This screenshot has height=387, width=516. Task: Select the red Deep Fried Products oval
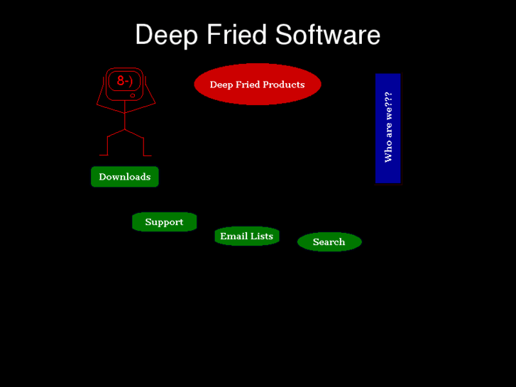tap(257, 85)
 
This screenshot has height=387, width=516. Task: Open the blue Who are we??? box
tap(388, 128)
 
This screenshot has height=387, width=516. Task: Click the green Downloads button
tap(124, 177)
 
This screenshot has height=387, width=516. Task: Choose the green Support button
tap(164, 222)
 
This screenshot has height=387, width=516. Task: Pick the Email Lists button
tap(246, 236)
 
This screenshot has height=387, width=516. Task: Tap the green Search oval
tap(329, 242)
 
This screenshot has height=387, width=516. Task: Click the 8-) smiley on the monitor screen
tap(124, 81)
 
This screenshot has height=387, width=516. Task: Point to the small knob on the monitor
tap(133, 95)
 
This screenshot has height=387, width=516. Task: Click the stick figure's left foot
tap(103, 155)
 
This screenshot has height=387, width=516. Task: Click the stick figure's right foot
tap(148, 155)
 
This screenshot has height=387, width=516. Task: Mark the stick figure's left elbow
tap(98, 107)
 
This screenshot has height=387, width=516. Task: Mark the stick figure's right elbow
tap(154, 104)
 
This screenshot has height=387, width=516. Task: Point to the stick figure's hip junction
tap(125, 130)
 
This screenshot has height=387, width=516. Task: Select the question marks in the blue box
tap(388, 99)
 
